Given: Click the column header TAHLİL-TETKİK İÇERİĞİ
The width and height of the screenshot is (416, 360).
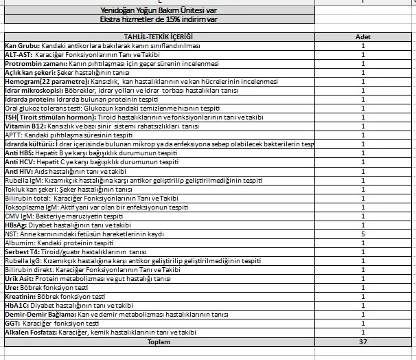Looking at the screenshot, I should (x=157, y=36).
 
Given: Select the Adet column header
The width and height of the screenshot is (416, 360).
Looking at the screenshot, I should (x=363, y=36).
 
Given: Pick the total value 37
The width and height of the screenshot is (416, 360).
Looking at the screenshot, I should (x=363, y=341).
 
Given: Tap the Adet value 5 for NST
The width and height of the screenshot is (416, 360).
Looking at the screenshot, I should (x=363, y=234).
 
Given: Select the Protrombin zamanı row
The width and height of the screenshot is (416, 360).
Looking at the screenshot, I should (x=34, y=63).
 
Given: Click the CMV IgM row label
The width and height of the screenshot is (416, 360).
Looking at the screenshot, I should (x=19, y=216).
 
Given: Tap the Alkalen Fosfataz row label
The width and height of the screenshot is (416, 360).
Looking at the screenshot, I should (x=30, y=333).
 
